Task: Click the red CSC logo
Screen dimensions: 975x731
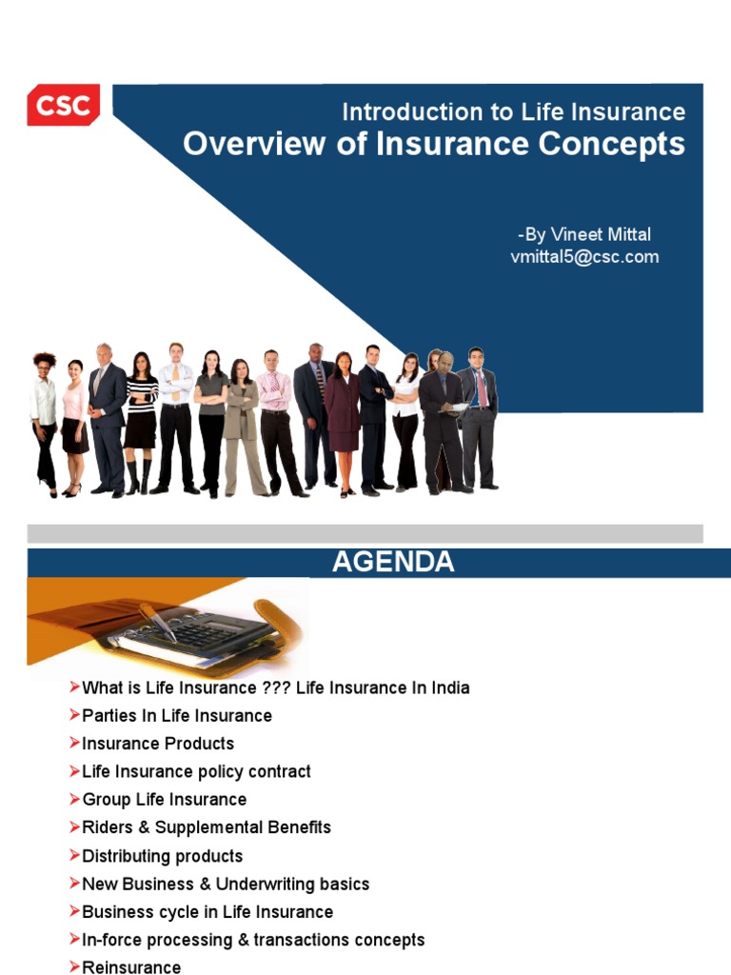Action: (x=63, y=105)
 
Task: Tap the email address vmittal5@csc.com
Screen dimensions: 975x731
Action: (x=584, y=257)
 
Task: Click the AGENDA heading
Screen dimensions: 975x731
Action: (x=393, y=563)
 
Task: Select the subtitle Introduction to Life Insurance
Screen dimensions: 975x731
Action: (x=513, y=112)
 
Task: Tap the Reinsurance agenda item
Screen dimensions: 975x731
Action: (x=131, y=967)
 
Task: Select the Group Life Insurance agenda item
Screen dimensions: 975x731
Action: (x=164, y=799)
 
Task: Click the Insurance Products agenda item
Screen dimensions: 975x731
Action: (x=158, y=743)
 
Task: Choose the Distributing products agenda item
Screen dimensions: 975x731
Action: (x=162, y=856)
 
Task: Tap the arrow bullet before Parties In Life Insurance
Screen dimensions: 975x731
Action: (x=75, y=715)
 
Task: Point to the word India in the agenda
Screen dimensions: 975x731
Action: (x=445, y=687)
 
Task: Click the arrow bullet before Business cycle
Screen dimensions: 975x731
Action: (x=75, y=912)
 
